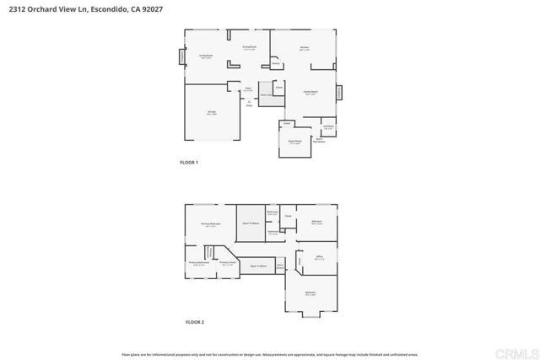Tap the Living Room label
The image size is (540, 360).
[x=205, y=56]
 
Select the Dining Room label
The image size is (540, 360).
[x=249, y=47]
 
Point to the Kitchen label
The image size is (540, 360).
[x=305, y=49]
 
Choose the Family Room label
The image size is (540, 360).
[x=310, y=92]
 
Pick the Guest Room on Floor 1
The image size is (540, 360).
[x=294, y=142]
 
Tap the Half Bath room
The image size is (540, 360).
[x=329, y=127]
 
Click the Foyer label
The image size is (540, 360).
[x=249, y=89]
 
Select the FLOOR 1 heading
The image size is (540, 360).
[x=189, y=162]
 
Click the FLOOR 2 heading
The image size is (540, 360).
[x=196, y=322]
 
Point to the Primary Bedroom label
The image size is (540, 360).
[x=210, y=224]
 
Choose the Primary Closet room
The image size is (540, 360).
[x=228, y=263]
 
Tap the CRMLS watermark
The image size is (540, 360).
[x=518, y=350]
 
